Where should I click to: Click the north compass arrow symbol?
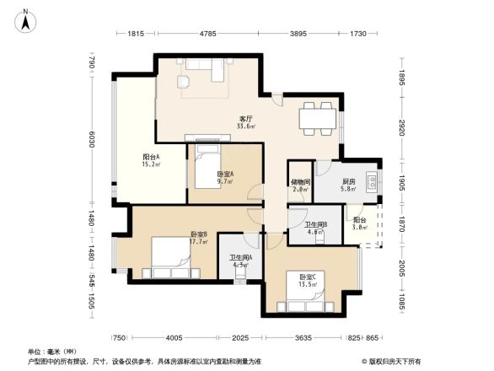tap(25, 19)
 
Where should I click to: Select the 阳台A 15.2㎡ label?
tap(152, 161)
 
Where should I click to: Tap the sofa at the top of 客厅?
tap(205, 67)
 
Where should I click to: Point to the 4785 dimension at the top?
tap(211, 34)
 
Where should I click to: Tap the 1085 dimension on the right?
tap(402, 301)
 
